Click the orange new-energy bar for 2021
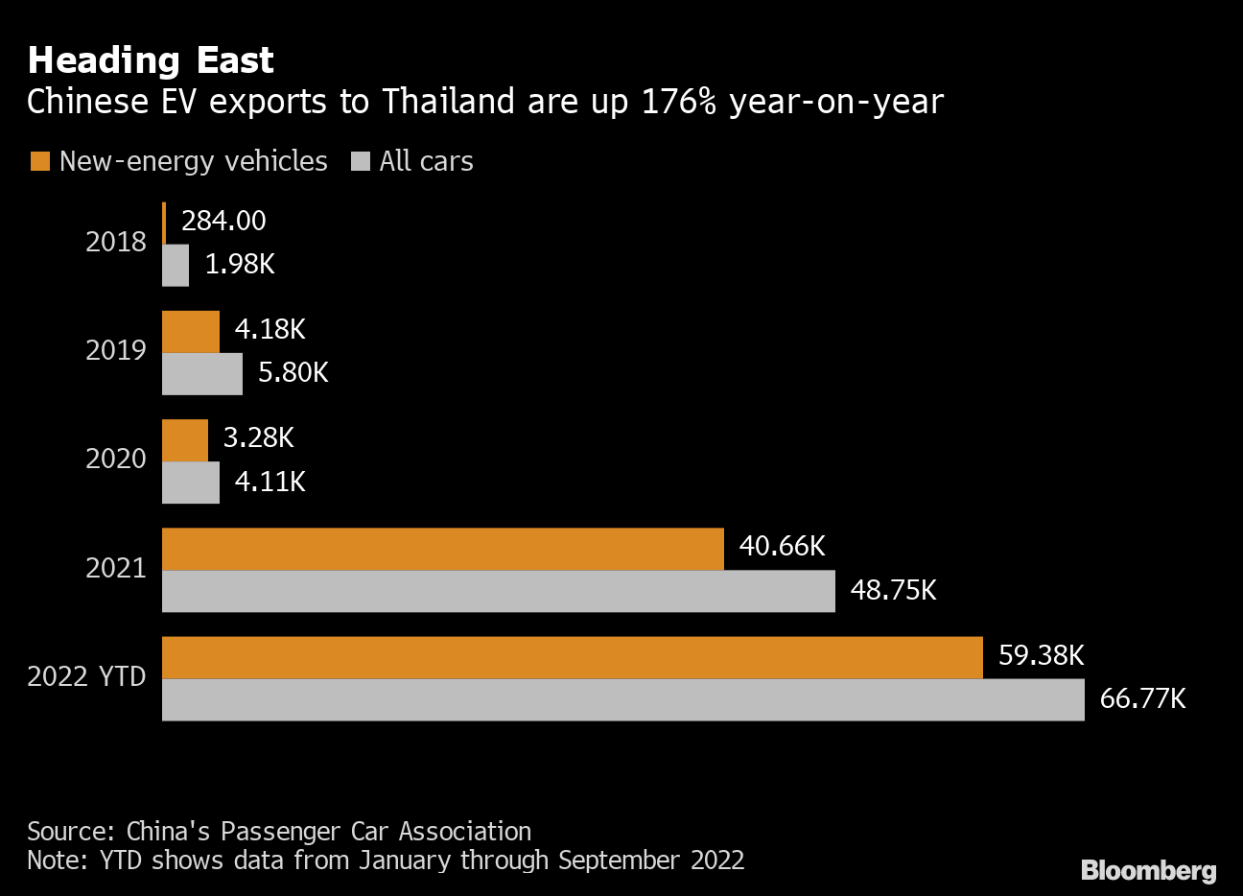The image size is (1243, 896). click(442, 549)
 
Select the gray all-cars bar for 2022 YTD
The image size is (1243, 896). click(622, 700)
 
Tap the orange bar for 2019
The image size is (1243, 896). click(191, 332)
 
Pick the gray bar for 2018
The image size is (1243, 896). click(176, 266)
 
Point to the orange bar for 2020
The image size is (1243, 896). click(185, 440)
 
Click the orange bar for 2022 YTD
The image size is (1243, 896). click(572, 657)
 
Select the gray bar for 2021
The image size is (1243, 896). click(498, 591)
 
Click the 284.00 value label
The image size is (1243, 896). click(223, 221)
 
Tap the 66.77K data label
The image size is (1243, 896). click(1142, 698)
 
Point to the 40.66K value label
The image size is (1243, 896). click(782, 547)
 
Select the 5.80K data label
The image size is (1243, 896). click(293, 372)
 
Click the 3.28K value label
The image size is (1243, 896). click(258, 438)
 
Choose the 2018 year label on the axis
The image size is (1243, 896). click(116, 242)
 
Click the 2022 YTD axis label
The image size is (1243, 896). click(86, 677)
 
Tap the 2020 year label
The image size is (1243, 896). click(116, 459)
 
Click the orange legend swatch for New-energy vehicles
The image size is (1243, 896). click(39, 162)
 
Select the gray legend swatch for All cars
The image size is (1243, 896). click(361, 162)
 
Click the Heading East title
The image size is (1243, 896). click(151, 60)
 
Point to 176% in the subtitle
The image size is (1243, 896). click(679, 102)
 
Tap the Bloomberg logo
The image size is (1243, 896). click(1148, 870)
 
